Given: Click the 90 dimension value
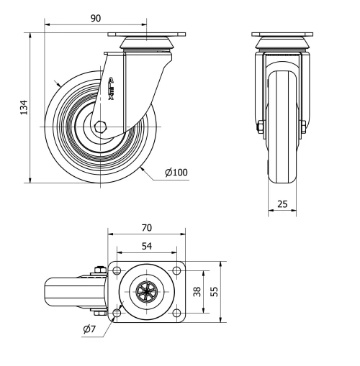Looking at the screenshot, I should (x=95, y=19).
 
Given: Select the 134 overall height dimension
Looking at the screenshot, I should (x=24, y=108).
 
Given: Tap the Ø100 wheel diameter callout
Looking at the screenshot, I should (x=176, y=173).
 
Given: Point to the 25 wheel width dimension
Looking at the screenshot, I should (x=283, y=204).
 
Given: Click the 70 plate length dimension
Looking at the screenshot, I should (x=146, y=227).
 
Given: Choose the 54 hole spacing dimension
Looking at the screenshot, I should (x=146, y=246).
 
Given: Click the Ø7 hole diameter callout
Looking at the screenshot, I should (x=90, y=329).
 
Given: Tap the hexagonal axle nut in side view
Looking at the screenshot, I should (x=99, y=127).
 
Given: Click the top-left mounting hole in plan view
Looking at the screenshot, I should (x=117, y=271).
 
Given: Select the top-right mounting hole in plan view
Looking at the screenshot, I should (x=176, y=271).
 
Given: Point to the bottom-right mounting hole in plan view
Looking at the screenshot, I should (x=176, y=312).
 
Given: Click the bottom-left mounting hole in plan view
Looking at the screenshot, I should (x=117, y=312).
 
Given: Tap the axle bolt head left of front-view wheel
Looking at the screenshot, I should (x=259, y=129).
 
